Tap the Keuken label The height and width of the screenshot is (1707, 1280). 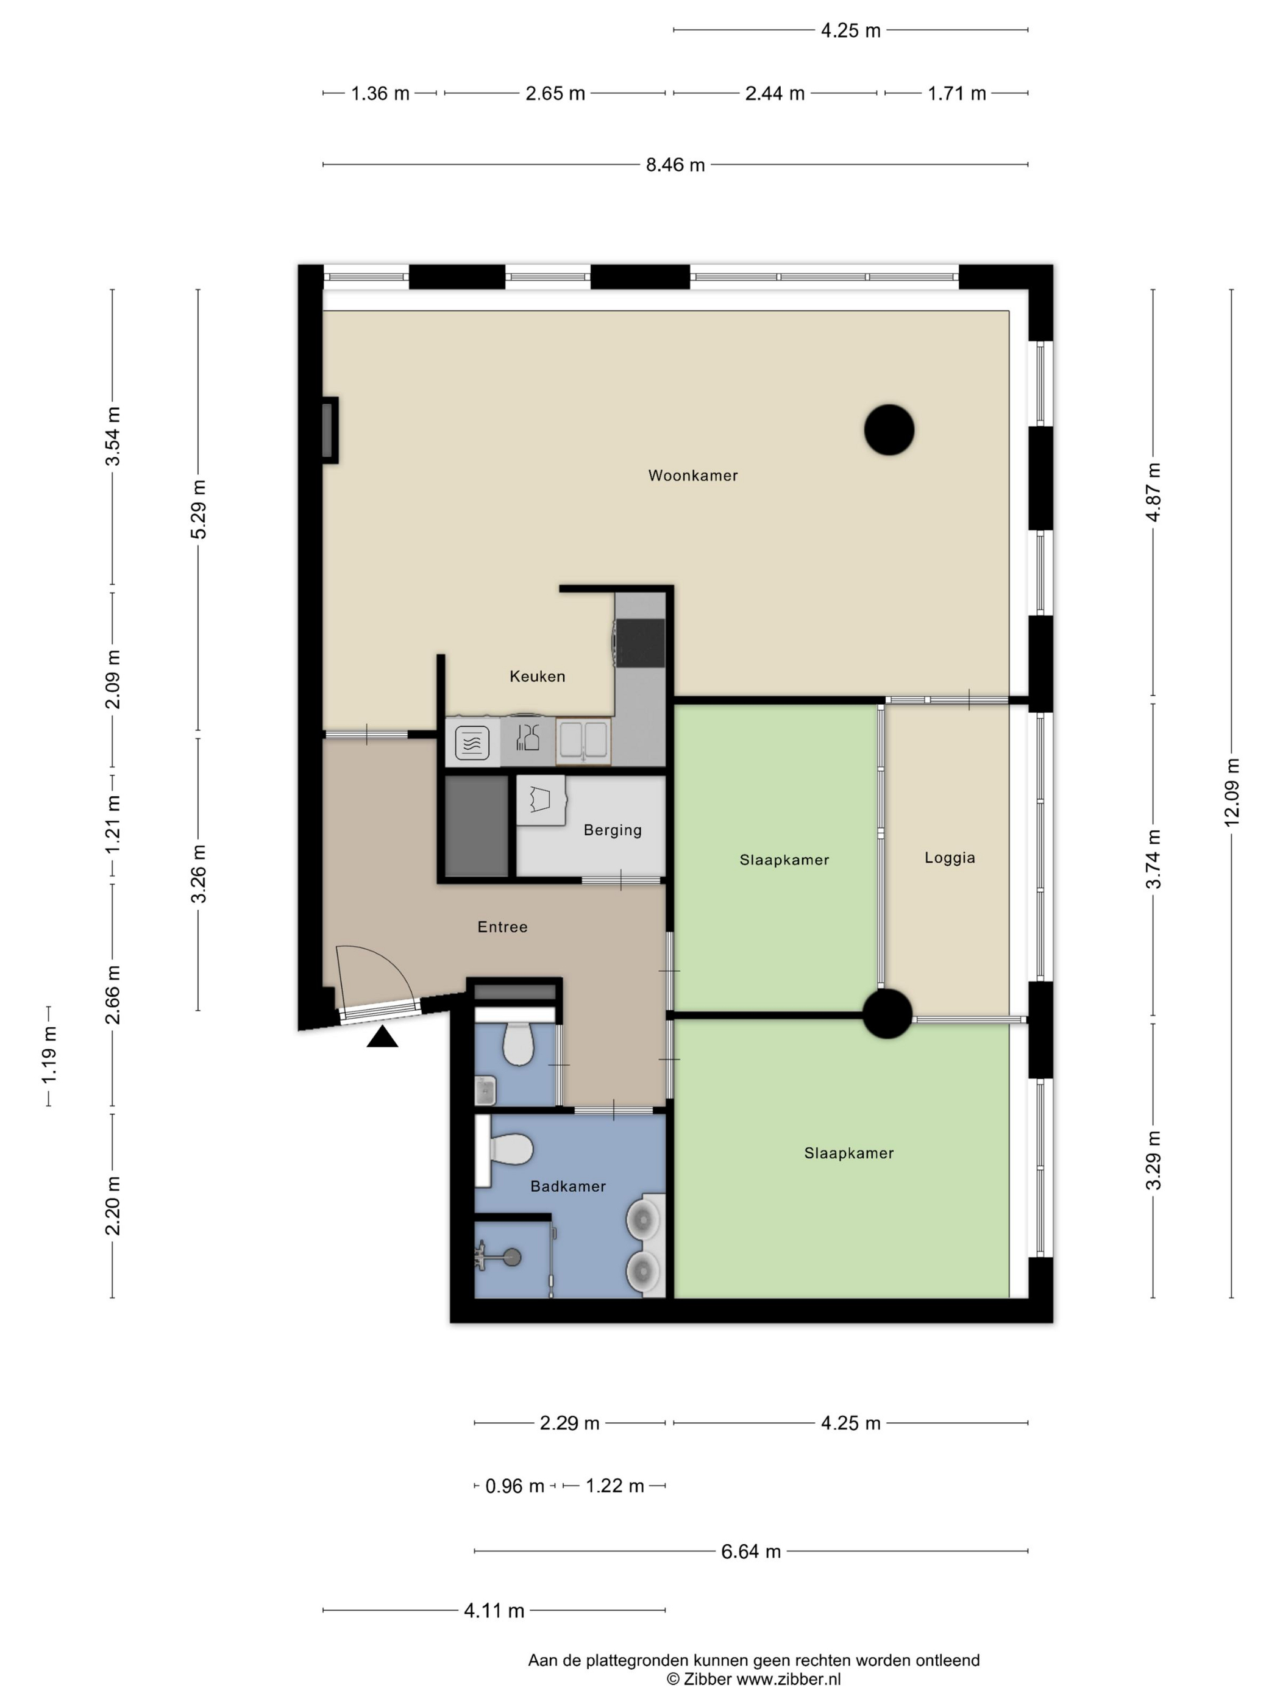537,676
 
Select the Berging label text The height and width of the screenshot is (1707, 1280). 612,830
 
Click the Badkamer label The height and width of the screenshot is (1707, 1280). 568,1186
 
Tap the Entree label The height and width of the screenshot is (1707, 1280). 502,927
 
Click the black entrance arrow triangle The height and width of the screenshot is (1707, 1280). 382,1037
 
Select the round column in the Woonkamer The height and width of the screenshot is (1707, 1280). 889,430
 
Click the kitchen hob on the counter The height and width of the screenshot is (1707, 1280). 639,643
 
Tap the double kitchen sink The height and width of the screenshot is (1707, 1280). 583,740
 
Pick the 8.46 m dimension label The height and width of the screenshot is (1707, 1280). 675,165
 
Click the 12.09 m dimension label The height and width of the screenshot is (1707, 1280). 1232,793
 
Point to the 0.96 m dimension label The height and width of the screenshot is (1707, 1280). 514,1486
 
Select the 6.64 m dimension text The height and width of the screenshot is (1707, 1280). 751,1551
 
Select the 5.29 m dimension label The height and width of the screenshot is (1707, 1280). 199,509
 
